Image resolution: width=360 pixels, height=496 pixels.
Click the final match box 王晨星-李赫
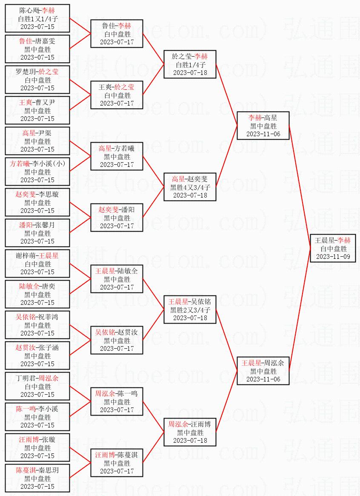pos(333,248)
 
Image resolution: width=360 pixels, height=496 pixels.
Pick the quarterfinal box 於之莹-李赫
pos(190,64)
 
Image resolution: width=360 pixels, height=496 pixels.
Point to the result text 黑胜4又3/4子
pos(190,187)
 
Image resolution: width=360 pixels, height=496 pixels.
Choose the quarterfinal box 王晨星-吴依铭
pos(190,310)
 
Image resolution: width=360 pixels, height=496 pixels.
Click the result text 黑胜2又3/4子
pos(190,310)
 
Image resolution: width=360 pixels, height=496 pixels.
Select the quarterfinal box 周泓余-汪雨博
pos(190,432)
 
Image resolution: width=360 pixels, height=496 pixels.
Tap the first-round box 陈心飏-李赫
pos(37,18)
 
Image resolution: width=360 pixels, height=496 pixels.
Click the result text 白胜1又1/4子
pos(37,18)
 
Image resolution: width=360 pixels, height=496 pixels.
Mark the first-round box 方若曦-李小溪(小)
pos(37,172)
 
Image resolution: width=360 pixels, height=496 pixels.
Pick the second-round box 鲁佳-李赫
pos(117,34)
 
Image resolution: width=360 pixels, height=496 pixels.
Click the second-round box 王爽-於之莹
pos(117,95)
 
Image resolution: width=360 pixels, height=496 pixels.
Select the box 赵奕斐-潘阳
pos(117,218)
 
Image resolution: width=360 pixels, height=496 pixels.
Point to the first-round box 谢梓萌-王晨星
pos(37,264)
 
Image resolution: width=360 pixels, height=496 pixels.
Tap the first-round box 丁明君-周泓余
pos(37,386)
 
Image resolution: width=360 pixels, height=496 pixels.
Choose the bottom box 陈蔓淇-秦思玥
pos(37,478)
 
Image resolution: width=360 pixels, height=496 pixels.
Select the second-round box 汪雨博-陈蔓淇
pos(117,463)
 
